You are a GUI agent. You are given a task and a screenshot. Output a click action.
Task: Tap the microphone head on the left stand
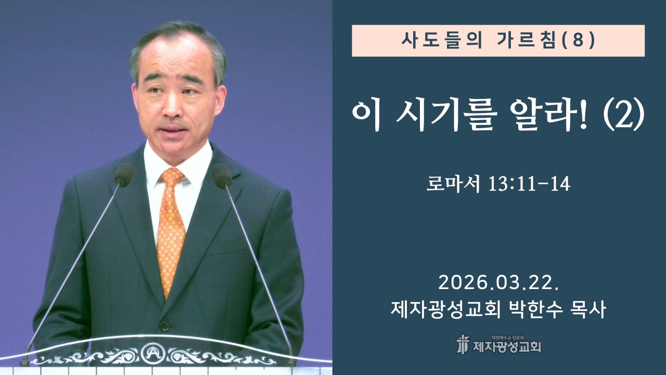(124, 174)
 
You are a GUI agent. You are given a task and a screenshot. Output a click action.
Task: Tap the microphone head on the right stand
(222, 176)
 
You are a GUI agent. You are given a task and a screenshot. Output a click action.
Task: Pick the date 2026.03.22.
(498, 283)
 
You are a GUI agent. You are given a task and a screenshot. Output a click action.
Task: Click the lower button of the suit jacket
(164, 327)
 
